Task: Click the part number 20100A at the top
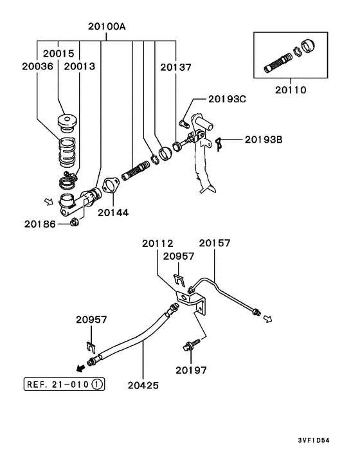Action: [107, 26]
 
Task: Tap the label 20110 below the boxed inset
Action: [291, 90]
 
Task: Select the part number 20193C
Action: [227, 99]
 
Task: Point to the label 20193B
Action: [264, 140]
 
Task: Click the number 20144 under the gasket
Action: [113, 212]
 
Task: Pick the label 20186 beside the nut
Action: [40, 224]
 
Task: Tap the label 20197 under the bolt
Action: [192, 370]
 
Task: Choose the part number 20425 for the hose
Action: [143, 385]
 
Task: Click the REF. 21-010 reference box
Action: [64, 384]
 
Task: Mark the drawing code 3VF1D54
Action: [314, 440]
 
